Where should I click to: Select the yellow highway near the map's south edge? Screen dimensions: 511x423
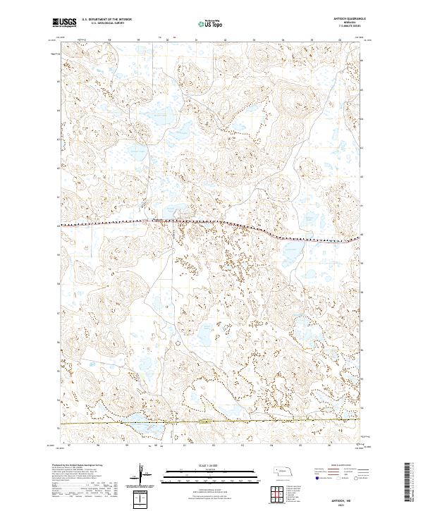click(x=282, y=423)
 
